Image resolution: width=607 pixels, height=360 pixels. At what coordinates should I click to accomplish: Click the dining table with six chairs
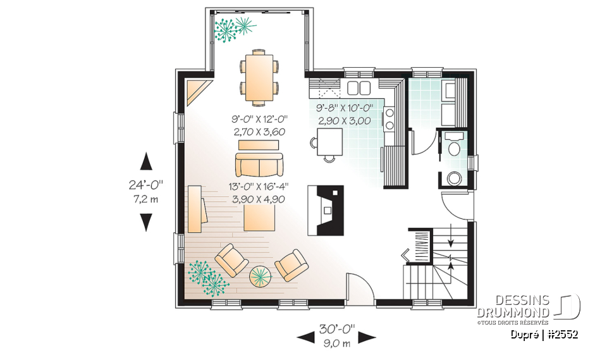(x=259, y=77)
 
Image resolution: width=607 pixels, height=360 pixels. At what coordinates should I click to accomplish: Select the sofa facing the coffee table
(x=259, y=166)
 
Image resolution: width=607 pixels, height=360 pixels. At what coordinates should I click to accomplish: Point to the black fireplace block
(x=326, y=210)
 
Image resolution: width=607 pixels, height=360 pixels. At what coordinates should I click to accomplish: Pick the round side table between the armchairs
(x=260, y=275)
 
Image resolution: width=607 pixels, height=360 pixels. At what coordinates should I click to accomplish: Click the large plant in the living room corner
(x=207, y=277)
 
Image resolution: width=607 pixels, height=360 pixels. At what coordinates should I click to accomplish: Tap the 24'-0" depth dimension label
(x=146, y=185)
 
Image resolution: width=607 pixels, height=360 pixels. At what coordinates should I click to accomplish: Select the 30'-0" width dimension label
(x=336, y=329)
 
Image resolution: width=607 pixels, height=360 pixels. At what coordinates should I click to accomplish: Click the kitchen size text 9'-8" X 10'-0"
(x=345, y=108)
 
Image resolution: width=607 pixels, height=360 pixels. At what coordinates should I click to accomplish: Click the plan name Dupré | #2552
(x=545, y=335)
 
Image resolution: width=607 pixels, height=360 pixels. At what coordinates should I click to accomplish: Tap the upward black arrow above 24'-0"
(x=146, y=161)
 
